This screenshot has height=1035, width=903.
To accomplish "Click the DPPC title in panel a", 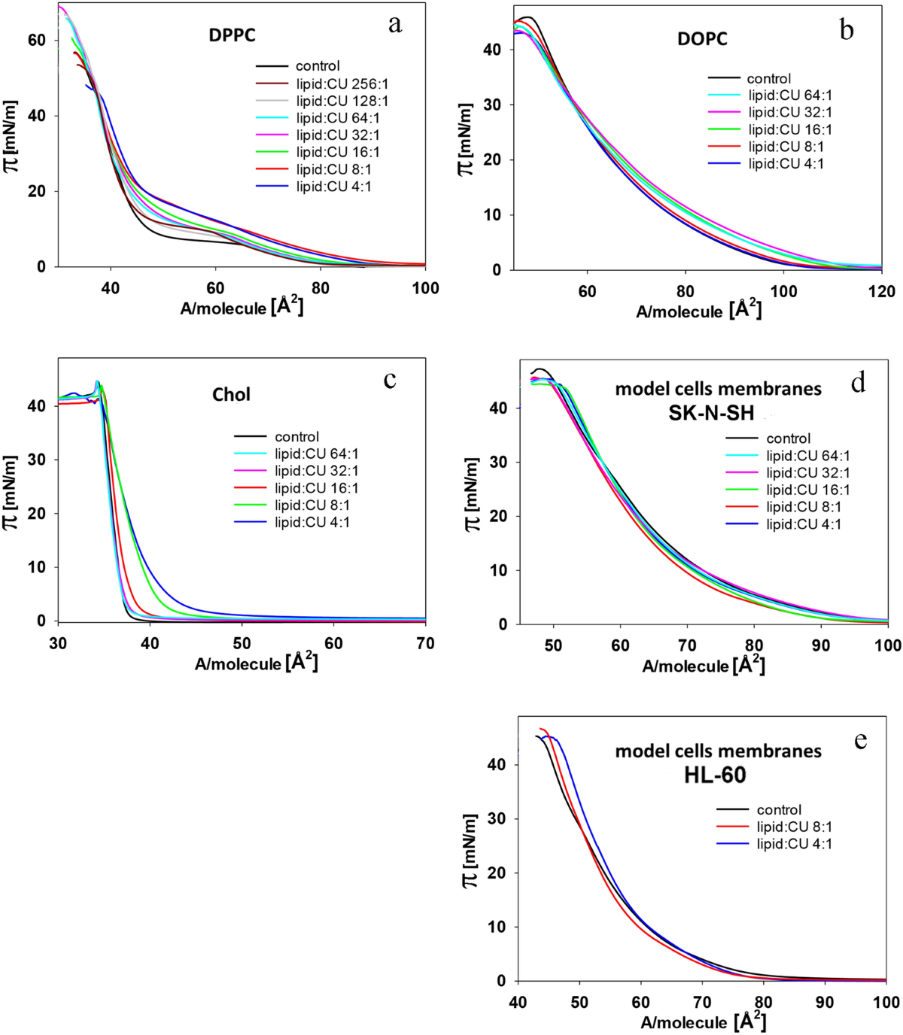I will coord(232,35).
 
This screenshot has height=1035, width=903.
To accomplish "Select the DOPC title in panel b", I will coord(702,39).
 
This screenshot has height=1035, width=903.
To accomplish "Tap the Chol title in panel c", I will coord(231,395).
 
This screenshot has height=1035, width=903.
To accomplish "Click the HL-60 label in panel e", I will coord(714,775).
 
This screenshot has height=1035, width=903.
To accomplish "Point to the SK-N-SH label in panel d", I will coord(711,413).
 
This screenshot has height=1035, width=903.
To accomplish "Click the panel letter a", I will coord(395,25).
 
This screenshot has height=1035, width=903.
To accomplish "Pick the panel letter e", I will coord(860,741).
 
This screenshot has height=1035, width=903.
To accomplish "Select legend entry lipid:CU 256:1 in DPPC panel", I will coord(342,83).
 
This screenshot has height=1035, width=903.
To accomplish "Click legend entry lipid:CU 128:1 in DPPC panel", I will coord(342,101).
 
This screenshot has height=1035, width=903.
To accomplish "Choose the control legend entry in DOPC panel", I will coord(768,78).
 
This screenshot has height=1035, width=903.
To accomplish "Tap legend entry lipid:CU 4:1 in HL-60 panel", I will coord(794,844).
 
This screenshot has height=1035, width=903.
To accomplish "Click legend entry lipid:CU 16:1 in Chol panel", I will coord(316,488).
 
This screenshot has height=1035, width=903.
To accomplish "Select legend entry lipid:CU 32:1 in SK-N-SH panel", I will coord(808,473).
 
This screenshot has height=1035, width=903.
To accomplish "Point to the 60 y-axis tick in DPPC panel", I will coord(37,41).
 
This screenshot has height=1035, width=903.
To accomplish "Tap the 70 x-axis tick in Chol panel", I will coord(425,644).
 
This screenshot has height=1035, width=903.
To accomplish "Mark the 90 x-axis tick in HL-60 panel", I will coord(825,1003).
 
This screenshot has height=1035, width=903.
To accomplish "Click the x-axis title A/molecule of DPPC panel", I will coord(242,308).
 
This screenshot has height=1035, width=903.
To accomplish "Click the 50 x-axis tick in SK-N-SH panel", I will coord(553,646).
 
